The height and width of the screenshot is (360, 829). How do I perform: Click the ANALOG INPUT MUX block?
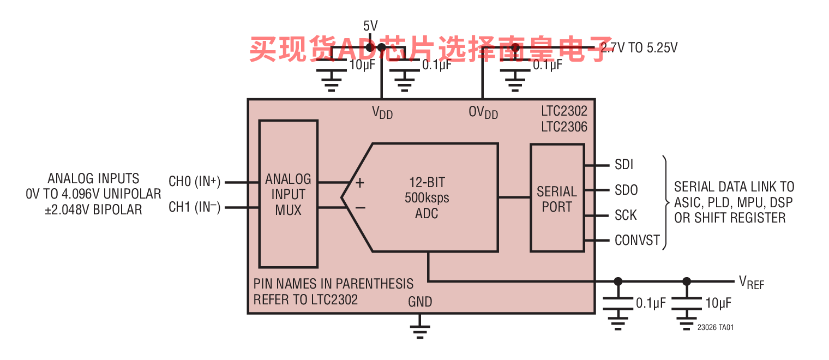click(x=289, y=194)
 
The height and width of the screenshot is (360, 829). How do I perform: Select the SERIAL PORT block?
click(x=557, y=198)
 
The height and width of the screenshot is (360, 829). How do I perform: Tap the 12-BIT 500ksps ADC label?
click(x=426, y=197)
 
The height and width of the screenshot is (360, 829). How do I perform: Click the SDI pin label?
click(x=624, y=164)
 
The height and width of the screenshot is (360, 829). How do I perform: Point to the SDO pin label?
click(x=626, y=190)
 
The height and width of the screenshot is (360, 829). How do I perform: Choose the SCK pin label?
click(x=626, y=215)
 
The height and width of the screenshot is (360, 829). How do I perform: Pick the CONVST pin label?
click(x=637, y=240)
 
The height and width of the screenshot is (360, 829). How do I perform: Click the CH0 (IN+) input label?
click(x=195, y=181)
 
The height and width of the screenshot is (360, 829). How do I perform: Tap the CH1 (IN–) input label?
click(x=195, y=207)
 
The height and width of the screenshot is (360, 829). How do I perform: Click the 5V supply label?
click(x=370, y=26)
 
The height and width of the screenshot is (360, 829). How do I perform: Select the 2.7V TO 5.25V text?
click(x=639, y=48)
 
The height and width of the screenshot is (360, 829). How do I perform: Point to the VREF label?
click(x=752, y=283)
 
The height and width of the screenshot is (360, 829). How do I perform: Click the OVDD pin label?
click(x=483, y=112)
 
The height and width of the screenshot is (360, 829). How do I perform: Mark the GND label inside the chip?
click(x=420, y=302)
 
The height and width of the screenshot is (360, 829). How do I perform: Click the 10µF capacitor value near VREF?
click(x=718, y=303)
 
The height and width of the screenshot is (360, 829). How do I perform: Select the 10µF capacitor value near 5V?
click(x=362, y=65)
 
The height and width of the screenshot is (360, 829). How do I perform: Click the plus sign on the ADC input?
click(x=360, y=183)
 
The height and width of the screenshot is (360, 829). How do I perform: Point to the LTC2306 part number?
click(x=564, y=127)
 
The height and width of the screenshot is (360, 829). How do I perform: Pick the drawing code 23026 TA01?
click(x=716, y=327)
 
